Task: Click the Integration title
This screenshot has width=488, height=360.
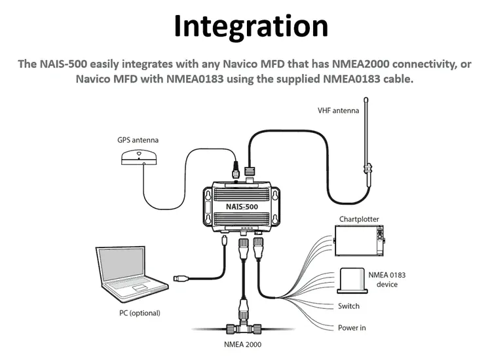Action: pyautogui.click(x=251, y=26)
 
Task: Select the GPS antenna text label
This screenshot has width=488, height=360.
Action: pyautogui.click(x=138, y=139)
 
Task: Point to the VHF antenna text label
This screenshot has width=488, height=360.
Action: pyautogui.click(x=338, y=111)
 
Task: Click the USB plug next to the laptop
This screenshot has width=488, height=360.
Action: pyautogui.click(x=181, y=279)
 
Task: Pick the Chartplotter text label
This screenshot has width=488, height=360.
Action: pyautogui.click(x=359, y=219)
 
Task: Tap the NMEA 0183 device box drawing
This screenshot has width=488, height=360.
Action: pyautogui.click(x=354, y=279)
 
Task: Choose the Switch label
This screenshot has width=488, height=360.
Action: pyautogui.click(x=348, y=306)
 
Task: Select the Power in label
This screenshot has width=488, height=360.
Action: pyautogui.click(x=352, y=327)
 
